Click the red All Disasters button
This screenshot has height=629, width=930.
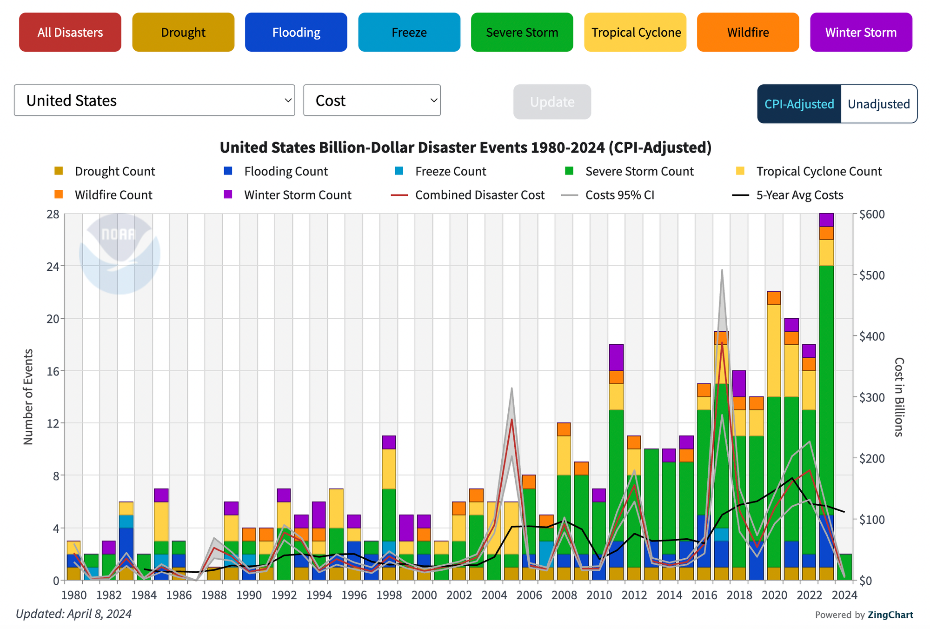[x=70, y=32]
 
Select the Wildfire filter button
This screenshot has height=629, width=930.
[x=748, y=32]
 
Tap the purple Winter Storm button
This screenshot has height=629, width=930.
[x=861, y=32]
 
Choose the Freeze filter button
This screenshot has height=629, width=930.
[x=409, y=32]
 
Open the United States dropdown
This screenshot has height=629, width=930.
[x=154, y=100]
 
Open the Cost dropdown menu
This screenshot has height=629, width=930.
[x=372, y=100]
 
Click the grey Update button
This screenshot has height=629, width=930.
[x=552, y=102]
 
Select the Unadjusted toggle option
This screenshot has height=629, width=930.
[x=878, y=104]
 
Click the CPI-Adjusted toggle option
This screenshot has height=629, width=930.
[x=799, y=104]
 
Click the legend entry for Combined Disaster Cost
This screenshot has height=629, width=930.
[x=479, y=195]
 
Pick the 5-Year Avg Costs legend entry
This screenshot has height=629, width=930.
[x=799, y=195]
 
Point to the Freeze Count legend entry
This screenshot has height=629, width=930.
[x=450, y=171]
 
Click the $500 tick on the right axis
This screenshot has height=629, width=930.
[x=871, y=275]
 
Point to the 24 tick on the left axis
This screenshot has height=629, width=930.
[x=53, y=267]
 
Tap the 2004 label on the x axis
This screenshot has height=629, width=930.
[x=494, y=595]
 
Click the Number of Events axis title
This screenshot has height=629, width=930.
[x=28, y=397]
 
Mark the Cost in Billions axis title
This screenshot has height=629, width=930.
[x=899, y=397]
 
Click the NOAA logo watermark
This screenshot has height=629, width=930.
[x=120, y=254]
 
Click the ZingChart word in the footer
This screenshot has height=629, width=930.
[x=890, y=615]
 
